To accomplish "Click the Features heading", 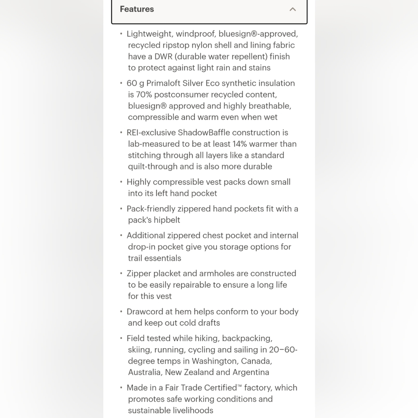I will (x=137, y=9).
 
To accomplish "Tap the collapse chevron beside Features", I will (x=293, y=9).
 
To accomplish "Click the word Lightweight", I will (x=150, y=34).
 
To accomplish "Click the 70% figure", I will (x=144, y=94).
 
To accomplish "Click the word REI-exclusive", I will (x=150, y=133).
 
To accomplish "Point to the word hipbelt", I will (x=167, y=220).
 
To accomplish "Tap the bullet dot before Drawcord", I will (x=121, y=312).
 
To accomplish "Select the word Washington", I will (x=214, y=361).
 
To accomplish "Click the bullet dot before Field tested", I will (x=121, y=339).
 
